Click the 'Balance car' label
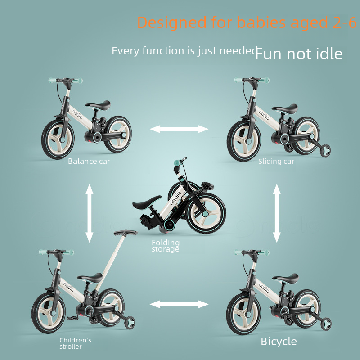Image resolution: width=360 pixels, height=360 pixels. pyautogui.click(x=89, y=161)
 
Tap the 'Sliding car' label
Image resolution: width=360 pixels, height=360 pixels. pyautogui.click(x=276, y=161)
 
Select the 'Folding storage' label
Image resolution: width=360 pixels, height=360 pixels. pyautogui.click(x=166, y=246)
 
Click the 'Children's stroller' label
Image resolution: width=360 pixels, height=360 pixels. pyautogui.click(x=75, y=343)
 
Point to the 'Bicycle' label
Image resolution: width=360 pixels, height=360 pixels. pyautogui.click(x=279, y=342)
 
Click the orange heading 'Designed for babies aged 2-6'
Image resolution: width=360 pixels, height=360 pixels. pyautogui.click(x=247, y=22)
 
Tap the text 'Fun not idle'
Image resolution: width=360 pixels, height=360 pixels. pyautogui.click(x=298, y=54)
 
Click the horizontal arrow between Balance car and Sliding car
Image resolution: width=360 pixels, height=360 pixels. pyautogui.click(x=179, y=129)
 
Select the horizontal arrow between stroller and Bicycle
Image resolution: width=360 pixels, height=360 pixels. pyautogui.click(x=179, y=304)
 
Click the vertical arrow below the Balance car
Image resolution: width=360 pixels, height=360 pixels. pyautogui.click(x=89, y=213)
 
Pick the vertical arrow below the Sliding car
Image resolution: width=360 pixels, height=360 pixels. pyautogui.click(x=277, y=213)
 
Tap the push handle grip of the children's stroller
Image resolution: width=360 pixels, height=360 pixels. pyautogui.click(x=126, y=233)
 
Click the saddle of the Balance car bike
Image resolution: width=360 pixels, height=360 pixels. pyautogui.click(x=98, y=105)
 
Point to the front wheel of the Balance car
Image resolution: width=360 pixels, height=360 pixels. pyautogui.click(x=58, y=139)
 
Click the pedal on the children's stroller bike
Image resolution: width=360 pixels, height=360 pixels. pyautogui.click(x=72, y=318)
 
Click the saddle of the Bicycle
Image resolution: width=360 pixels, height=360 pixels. pyautogui.click(x=285, y=277)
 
